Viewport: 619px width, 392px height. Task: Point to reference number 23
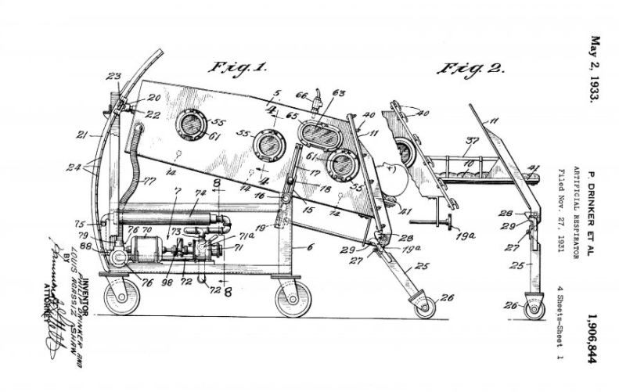pos(114,77)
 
